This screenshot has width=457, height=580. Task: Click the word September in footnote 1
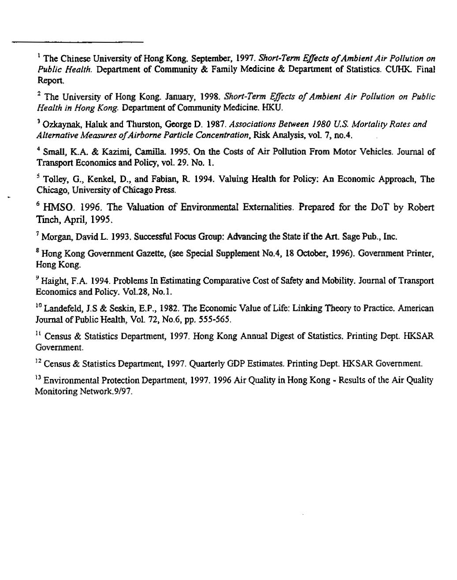click(210, 58)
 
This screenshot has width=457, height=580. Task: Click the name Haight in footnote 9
click(53, 281)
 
